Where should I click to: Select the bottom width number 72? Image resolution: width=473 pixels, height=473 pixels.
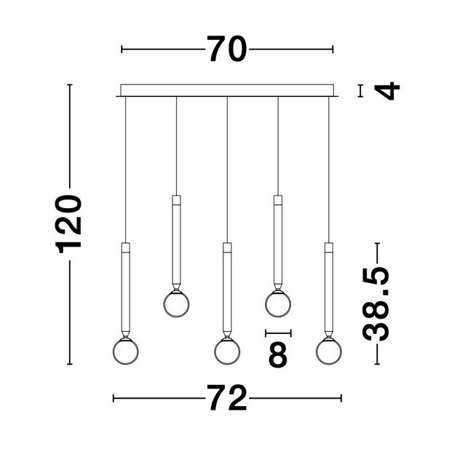coord(227,399)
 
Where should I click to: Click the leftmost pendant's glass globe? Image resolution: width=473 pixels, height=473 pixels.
coord(124,351)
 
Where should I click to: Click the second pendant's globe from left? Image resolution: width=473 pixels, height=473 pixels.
coord(175,303)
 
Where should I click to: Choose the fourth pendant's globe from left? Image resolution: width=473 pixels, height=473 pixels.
coord(277,303)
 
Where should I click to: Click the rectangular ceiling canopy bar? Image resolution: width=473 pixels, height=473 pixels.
coord(226,91)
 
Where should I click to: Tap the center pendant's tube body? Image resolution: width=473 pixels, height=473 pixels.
coord(226,287)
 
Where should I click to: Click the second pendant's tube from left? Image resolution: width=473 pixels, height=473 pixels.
coord(175,240)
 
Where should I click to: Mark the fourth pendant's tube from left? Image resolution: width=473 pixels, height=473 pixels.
coord(277,240)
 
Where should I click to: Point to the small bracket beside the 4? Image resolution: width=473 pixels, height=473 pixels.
coord(361,91)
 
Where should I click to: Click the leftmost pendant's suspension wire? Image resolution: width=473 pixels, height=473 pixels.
coord(124,167)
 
